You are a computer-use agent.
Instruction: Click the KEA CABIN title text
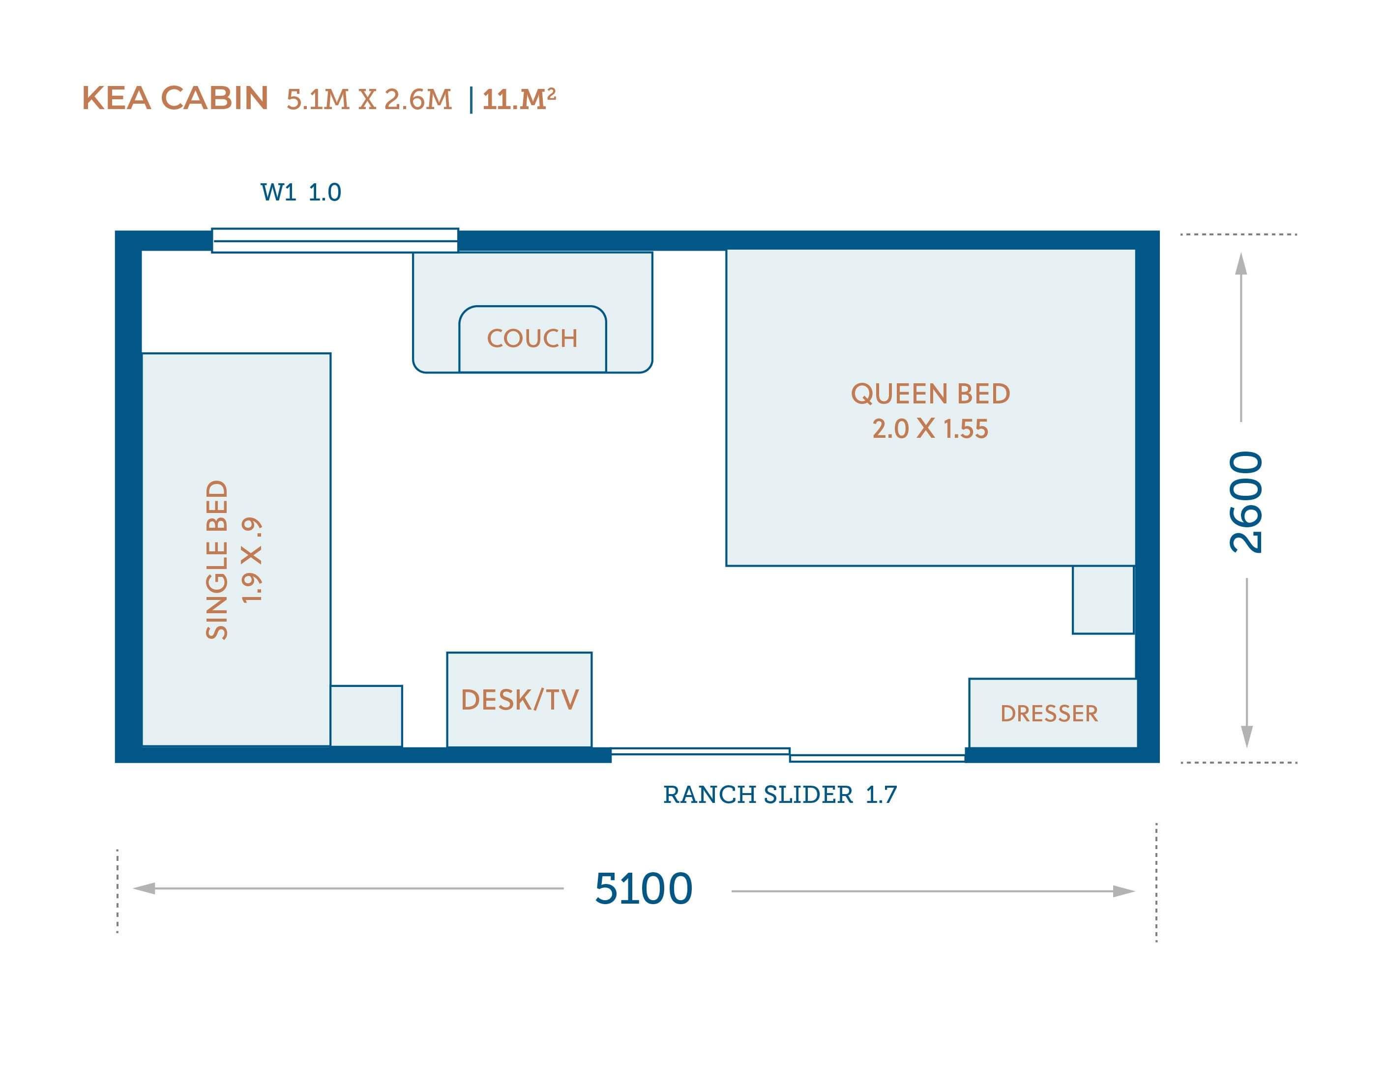pos(175,98)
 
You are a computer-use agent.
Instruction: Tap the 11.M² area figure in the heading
pos(519,99)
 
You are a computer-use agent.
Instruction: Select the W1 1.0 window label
pos(301,192)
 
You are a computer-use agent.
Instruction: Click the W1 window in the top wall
pos(335,240)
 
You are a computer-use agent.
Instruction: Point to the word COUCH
pos(532,339)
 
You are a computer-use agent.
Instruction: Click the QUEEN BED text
pos(930,394)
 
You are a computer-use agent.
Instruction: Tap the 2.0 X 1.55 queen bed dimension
pos(930,429)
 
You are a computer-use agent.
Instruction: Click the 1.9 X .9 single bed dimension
pos(252,559)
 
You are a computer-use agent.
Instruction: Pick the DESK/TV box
pos(520,700)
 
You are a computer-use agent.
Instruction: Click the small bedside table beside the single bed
pos(366,716)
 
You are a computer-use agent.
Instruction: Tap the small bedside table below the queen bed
pos(1103,600)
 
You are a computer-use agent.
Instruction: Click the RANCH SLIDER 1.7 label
pos(780,795)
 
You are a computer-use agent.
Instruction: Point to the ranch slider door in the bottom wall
pos(788,755)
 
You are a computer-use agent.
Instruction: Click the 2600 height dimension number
pos(1245,502)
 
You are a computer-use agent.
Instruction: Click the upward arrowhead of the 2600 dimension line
pos(1241,263)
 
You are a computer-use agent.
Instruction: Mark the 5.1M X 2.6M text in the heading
pos(369,100)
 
